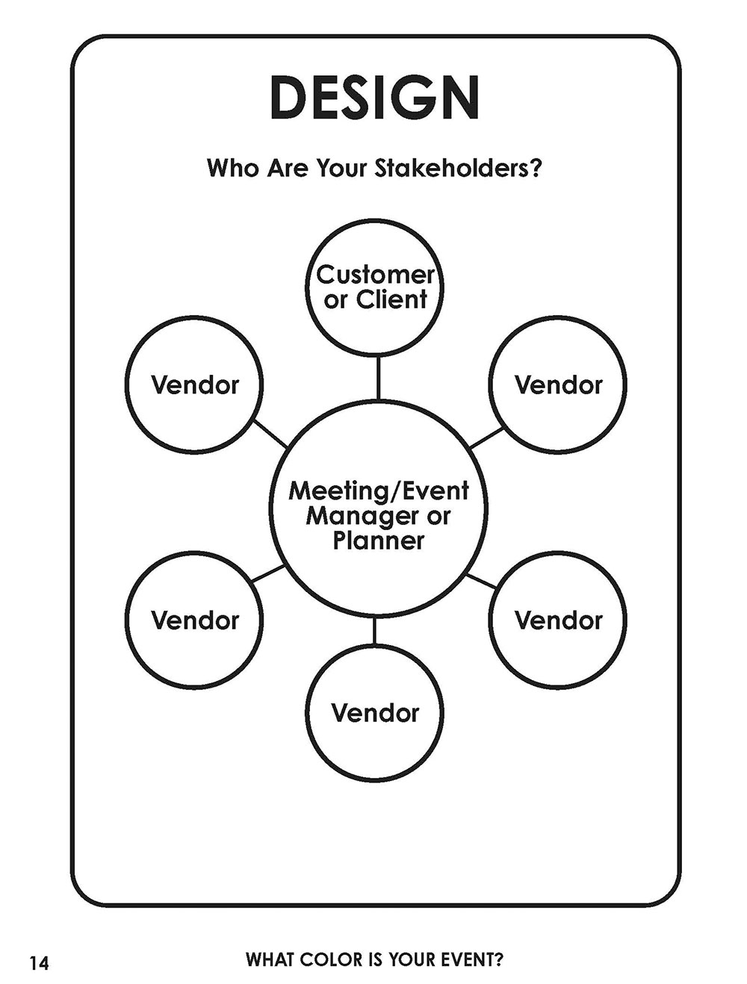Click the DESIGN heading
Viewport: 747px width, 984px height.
pyautogui.click(x=373, y=98)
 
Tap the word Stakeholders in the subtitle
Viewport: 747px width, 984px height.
pyautogui.click(x=456, y=167)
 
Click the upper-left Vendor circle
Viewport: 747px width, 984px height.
pyautogui.click(x=194, y=384)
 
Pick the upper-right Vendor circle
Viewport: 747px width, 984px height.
pyautogui.click(x=557, y=384)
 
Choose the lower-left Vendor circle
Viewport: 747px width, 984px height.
pyautogui.click(x=194, y=620)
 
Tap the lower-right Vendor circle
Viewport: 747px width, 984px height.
pyautogui.click(x=557, y=620)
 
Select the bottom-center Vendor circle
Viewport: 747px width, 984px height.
pyautogui.click(x=375, y=712)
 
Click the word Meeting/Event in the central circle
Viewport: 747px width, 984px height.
pyautogui.click(x=379, y=491)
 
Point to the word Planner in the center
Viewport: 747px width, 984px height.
pyautogui.click(x=379, y=540)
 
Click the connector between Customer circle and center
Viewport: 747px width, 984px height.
pyautogui.click(x=378, y=378)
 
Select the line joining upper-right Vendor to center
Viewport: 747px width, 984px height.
pyautogui.click(x=486, y=437)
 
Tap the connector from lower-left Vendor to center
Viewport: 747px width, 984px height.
pyautogui.click(x=268, y=573)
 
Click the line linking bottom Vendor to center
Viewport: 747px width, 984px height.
pyautogui.click(x=374, y=632)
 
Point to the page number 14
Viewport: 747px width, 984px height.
pyautogui.click(x=39, y=963)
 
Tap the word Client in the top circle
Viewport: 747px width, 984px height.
pyautogui.click(x=391, y=299)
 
